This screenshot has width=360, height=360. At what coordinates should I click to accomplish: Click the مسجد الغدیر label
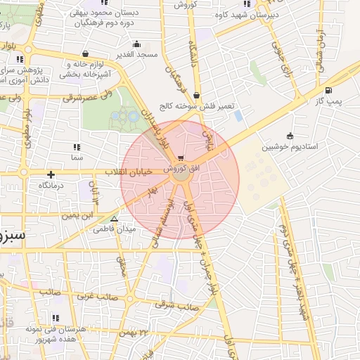[136, 55]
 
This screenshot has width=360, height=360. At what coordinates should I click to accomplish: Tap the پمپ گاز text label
[328, 101]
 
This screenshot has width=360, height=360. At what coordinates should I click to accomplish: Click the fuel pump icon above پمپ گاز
[328, 90]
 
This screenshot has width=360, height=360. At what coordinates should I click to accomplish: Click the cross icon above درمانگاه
[51, 174]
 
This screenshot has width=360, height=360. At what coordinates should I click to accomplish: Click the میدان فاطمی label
[113, 229]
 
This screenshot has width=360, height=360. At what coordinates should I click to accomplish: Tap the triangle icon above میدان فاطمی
[114, 219]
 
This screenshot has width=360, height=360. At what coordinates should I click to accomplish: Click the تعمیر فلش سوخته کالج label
[195, 106]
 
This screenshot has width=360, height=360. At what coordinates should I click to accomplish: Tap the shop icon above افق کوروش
[183, 157]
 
